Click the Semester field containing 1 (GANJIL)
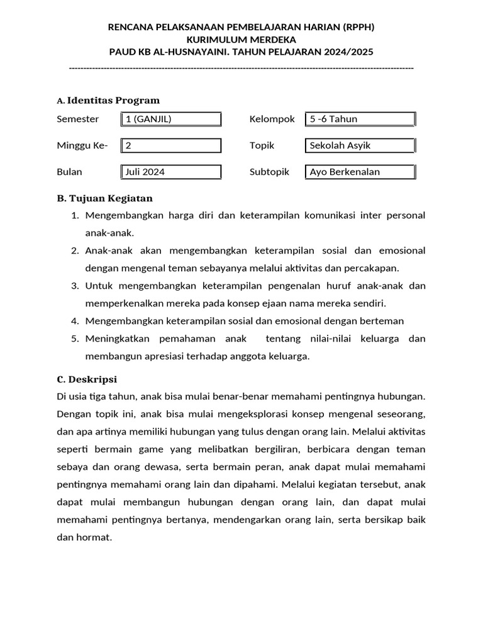pyautogui.click(x=170, y=119)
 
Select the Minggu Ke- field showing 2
pyautogui.click(x=170, y=145)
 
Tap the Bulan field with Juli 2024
pyautogui.click(x=170, y=172)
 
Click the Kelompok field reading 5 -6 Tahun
pyautogui.click(x=360, y=119)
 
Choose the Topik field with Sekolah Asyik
pyautogui.click(x=360, y=145)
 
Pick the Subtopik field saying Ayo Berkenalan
pyautogui.click(x=360, y=172)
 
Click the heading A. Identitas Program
pyautogui.click(x=108, y=101)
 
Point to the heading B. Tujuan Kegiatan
pyautogui.click(x=104, y=198)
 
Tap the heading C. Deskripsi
pyautogui.click(x=87, y=379)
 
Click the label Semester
pyautogui.click(x=78, y=119)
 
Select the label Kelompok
pyautogui.click(x=272, y=119)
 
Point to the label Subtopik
pyautogui.click(x=269, y=172)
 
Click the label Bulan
pyautogui.click(x=69, y=172)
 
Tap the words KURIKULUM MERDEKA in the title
pyautogui.click(x=241, y=39)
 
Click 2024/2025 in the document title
pyautogui.click(x=350, y=51)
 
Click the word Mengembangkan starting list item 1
pyautogui.click(x=124, y=215)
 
